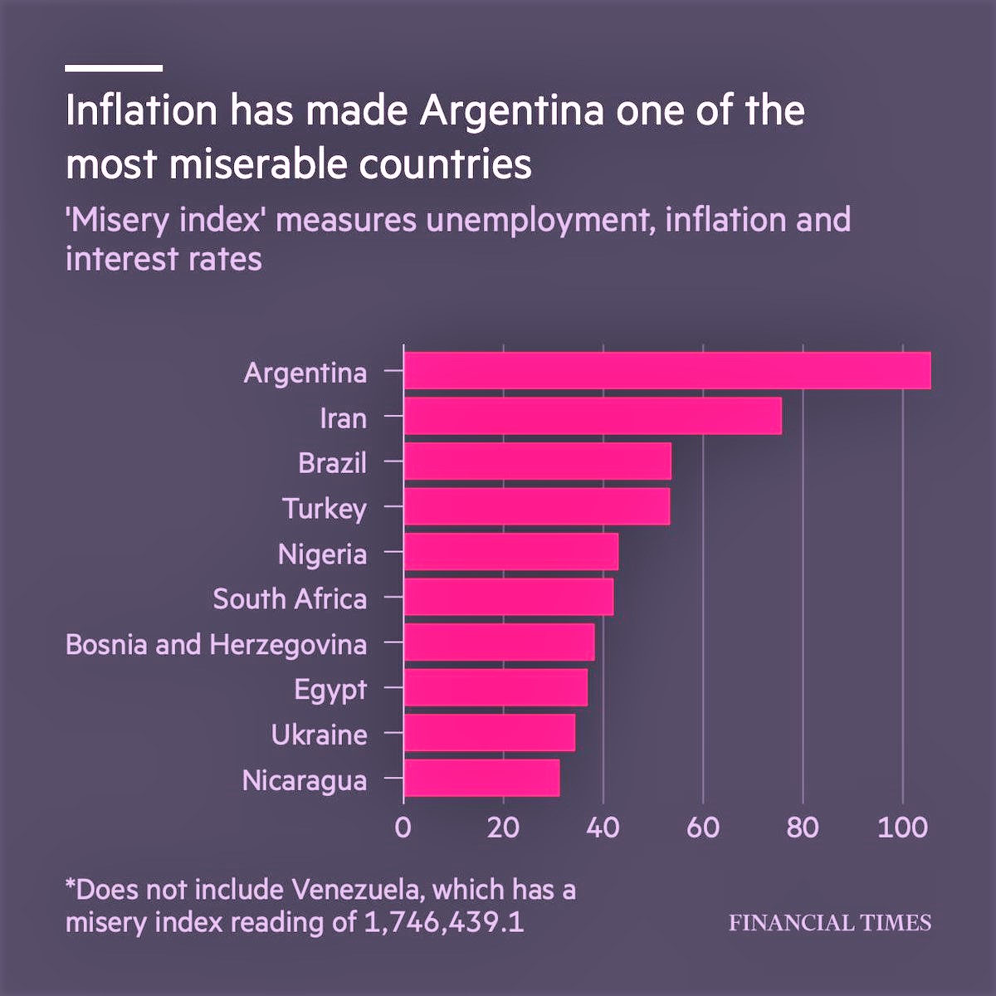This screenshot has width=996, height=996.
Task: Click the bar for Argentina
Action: (666, 371)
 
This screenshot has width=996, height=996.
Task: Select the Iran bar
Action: (592, 416)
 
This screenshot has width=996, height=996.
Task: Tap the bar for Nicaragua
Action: (481, 779)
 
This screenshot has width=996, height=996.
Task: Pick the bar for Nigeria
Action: (510, 552)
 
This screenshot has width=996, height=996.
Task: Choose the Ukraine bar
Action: (489, 733)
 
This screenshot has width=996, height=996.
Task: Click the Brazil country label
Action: (332, 462)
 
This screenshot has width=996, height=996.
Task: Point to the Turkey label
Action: (324, 508)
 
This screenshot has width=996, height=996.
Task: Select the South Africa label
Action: (290, 598)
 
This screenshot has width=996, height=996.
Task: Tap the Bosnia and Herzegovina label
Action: (216, 644)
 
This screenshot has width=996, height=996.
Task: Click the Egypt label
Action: (330, 690)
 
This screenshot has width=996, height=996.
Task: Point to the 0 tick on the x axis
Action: (403, 828)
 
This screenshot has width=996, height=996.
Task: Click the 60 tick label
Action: (703, 828)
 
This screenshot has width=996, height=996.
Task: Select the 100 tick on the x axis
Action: (902, 828)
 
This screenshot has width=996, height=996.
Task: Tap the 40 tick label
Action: (603, 828)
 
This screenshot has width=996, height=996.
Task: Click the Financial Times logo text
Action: (830, 923)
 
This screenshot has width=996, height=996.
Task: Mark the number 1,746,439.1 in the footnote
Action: (444, 922)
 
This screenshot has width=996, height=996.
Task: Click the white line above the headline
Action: (114, 68)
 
